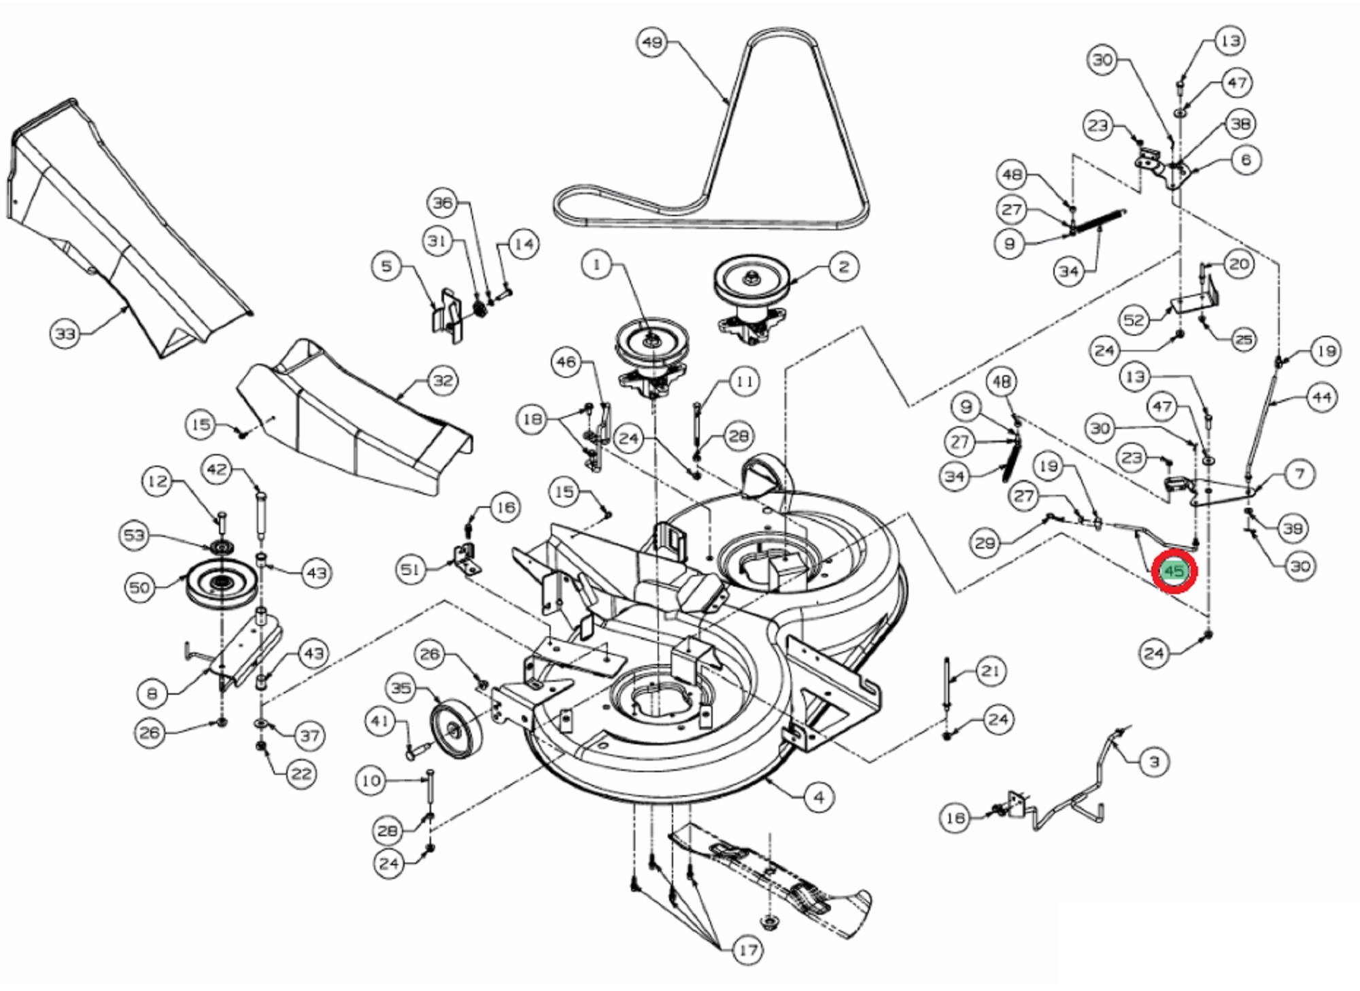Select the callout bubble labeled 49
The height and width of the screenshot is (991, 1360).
point(652,42)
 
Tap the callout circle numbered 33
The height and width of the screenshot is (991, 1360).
point(65,334)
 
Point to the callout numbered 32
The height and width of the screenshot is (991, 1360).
point(443,380)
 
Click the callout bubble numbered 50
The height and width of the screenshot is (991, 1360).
point(139,587)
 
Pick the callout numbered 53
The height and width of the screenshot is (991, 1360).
point(134,535)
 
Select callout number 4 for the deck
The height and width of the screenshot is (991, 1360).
point(819,797)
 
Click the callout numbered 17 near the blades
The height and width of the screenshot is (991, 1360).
point(747,950)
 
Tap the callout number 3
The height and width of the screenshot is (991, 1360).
point(1153,762)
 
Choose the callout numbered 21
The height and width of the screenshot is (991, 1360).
point(990,672)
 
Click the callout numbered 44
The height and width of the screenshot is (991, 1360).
point(1321,397)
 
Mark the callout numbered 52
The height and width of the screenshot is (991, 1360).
point(1134,319)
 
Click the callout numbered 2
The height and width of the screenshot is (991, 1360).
point(843,266)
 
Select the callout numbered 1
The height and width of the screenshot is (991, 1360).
point(597,264)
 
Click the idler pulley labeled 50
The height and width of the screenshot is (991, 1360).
point(221,585)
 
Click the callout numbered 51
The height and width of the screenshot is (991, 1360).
point(411,569)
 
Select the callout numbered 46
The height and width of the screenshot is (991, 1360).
point(566,362)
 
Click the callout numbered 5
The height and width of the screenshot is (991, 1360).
point(386,265)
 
